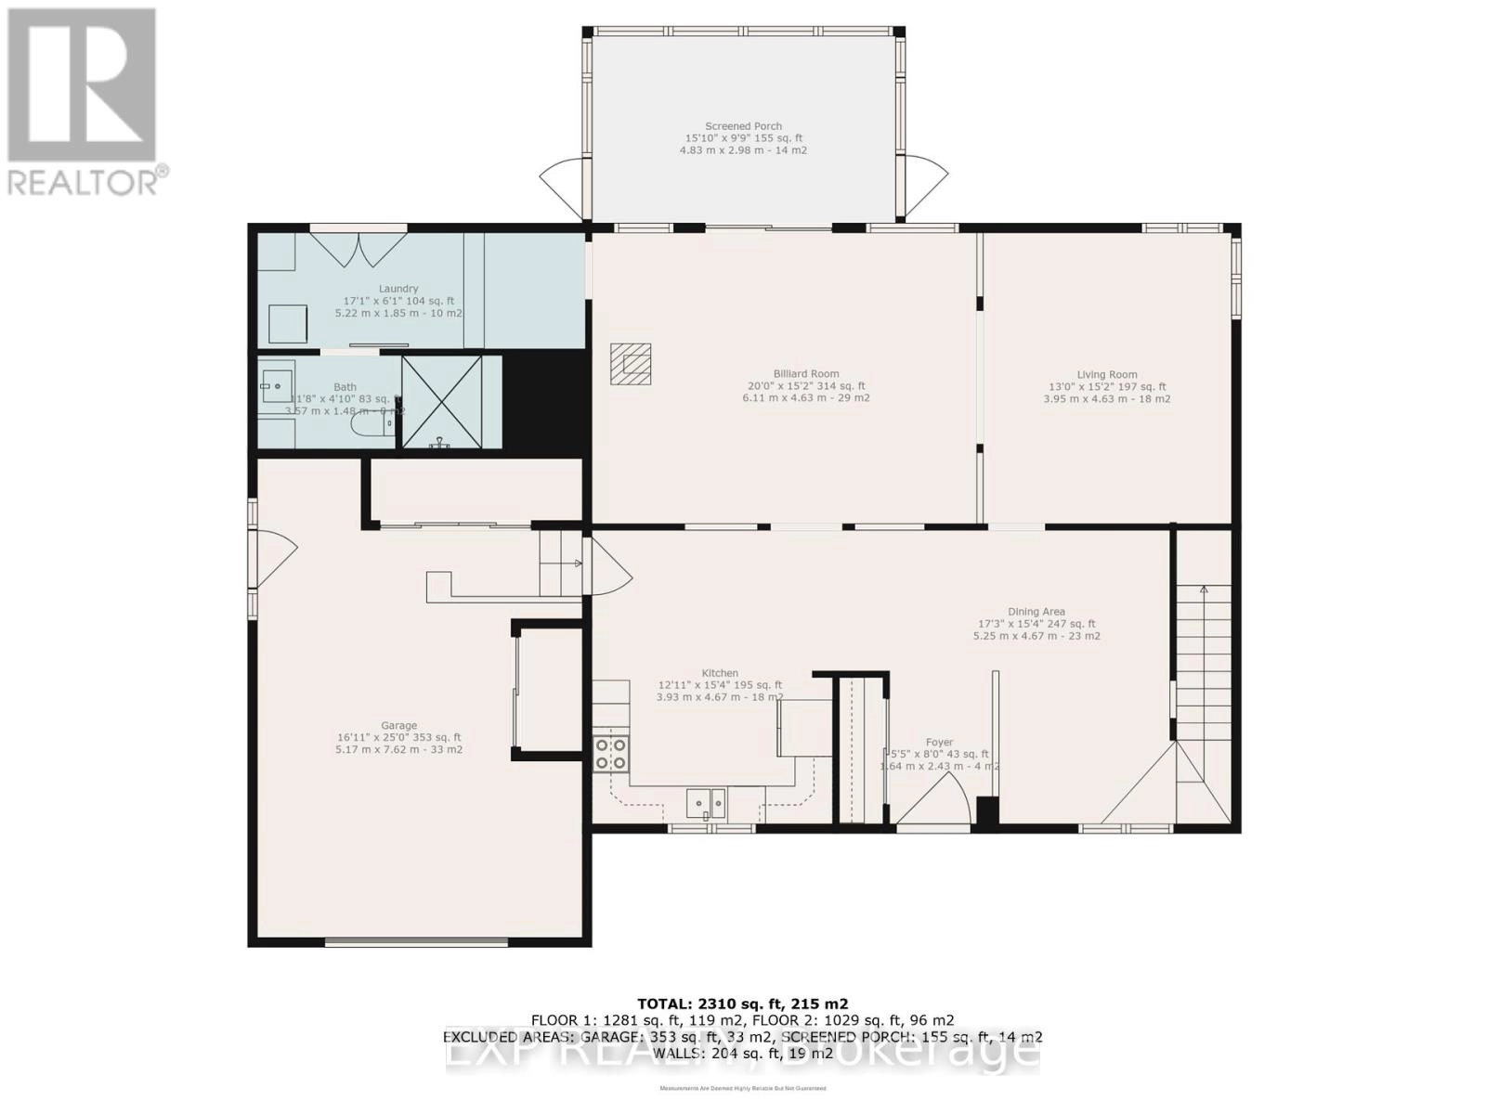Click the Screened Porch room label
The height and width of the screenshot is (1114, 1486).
pos(743,126)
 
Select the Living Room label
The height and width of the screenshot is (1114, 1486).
pos(1106,375)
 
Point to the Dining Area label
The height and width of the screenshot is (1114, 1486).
pos(1036,612)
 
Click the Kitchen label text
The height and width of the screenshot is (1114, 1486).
pos(720,673)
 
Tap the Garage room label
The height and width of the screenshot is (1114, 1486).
pos(398,726)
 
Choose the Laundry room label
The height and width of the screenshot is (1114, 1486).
pos(398,289)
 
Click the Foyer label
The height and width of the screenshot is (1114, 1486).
pos(939,743)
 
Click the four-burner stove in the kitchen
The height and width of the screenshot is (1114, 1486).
pos(611,753)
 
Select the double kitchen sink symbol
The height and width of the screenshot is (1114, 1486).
pos(707,801)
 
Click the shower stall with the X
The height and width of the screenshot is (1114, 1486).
pos(442,402)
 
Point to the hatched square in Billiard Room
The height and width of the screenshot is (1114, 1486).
pos(631,364)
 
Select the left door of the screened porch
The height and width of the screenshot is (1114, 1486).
pos(562,181)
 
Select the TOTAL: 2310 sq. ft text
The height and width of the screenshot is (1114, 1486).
pos(742,1004)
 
